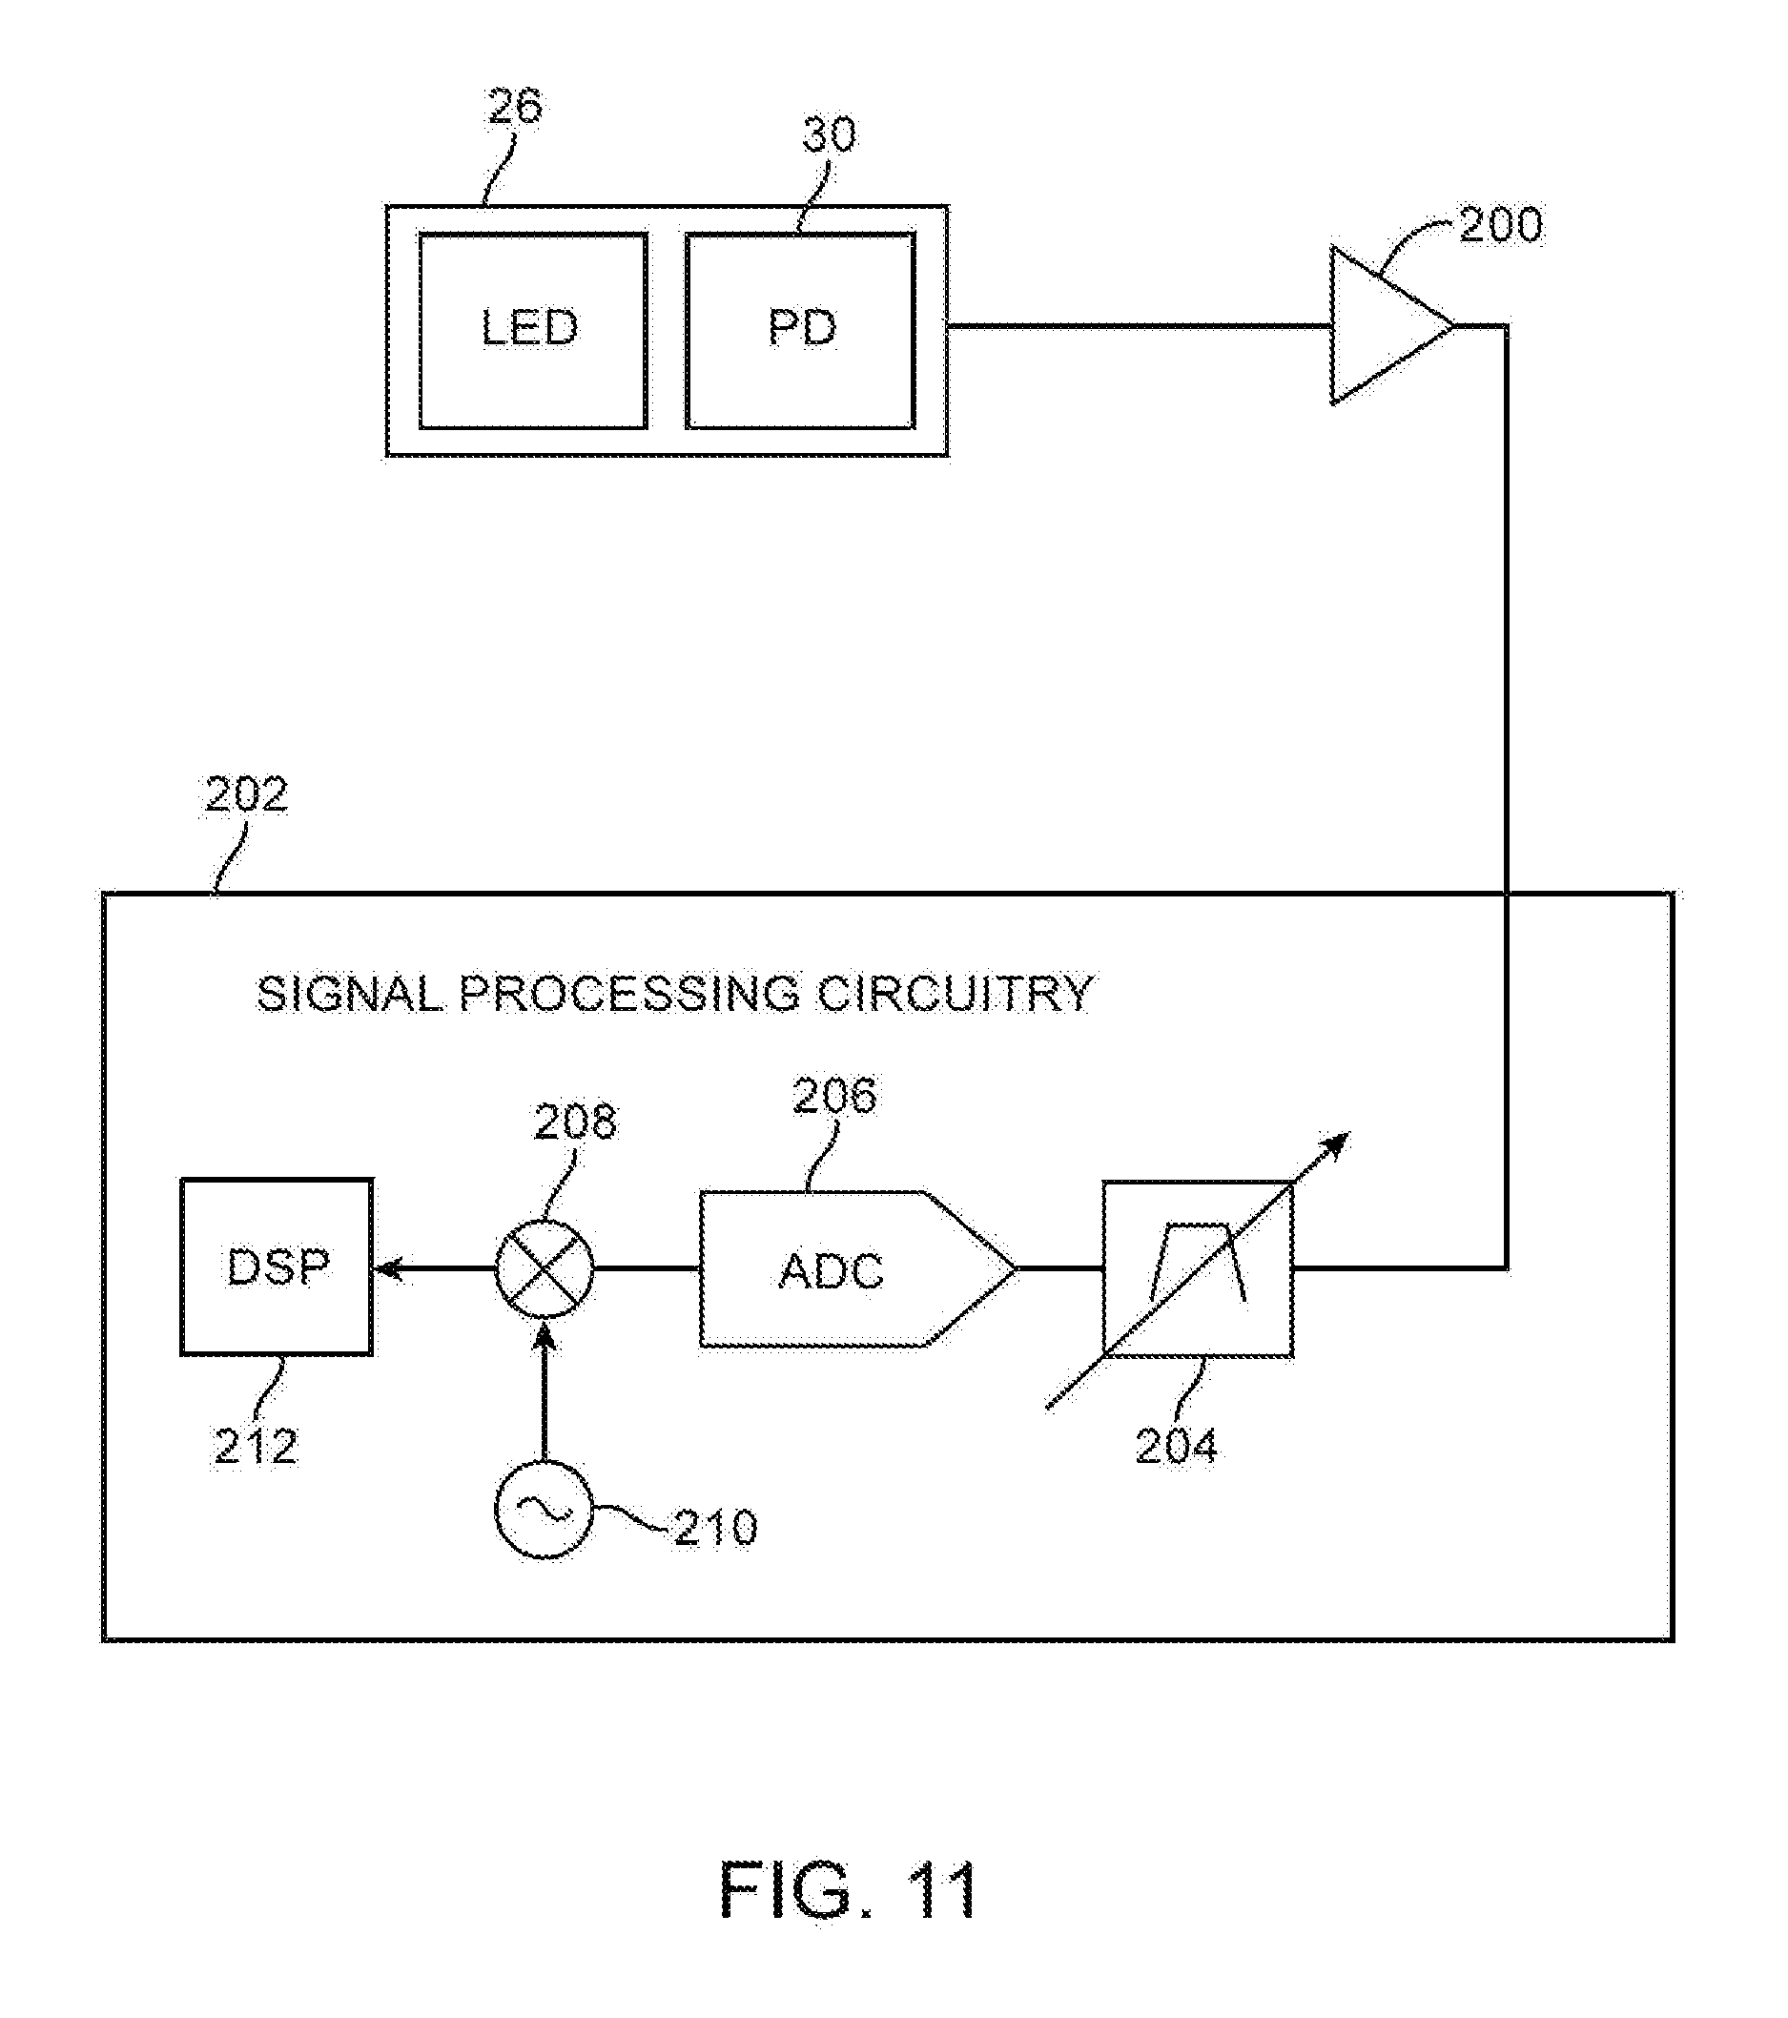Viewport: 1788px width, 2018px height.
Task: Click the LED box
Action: coord(532,330)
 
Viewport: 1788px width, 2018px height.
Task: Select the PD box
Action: coord(800,330)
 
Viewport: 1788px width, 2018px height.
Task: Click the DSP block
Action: coord(277,1266)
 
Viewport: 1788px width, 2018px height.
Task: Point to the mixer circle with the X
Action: coord(544,1268)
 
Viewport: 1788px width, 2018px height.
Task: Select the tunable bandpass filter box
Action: coord(1197,1269)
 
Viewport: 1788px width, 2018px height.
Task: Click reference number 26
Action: coord(514,107)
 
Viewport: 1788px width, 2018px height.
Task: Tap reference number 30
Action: coord(829,135)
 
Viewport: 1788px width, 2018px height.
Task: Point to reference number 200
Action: coord(1500,225)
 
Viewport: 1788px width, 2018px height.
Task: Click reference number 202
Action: coord(246,794)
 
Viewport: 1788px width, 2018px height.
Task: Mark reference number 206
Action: coord(834,1096)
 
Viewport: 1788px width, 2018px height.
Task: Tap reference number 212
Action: coord(256,1448)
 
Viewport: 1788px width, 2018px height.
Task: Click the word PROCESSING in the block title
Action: coord(629,993)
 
